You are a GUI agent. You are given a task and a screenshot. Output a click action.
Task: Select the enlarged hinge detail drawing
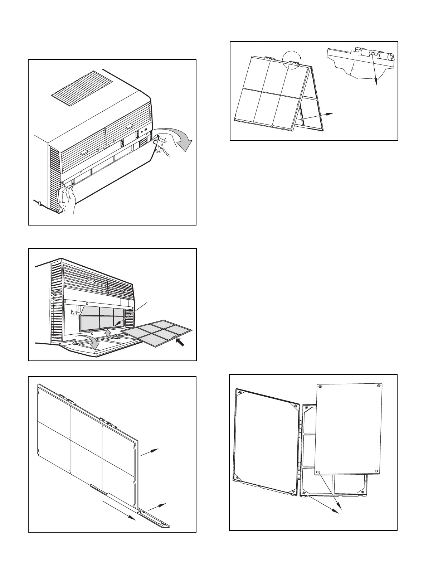click(x=361, y=63)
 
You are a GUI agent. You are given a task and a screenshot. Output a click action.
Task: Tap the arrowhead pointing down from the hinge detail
click(x=376, y=83)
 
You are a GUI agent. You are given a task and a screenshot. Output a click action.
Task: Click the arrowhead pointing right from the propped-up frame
click(x=331, y=114)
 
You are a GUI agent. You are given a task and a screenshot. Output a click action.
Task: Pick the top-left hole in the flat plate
click(x=320, y=387)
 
